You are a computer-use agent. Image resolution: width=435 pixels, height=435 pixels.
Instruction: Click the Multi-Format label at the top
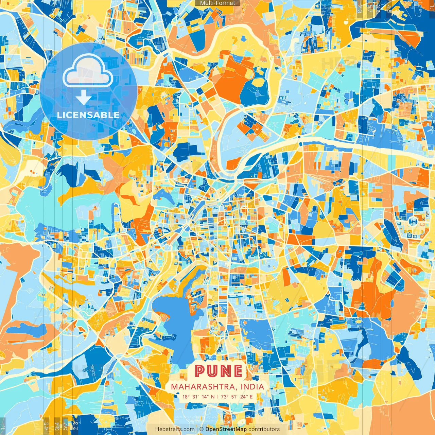pyautogui.click(x=217, y=3)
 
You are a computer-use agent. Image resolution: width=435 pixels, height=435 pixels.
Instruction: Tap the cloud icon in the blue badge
pyautogui.click(x=88, y=72)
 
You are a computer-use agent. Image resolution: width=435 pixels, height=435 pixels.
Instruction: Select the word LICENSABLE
pyautogui.click(x=88, y=115)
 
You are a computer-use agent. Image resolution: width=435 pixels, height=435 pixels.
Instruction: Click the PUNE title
pyautogui.click(x=219, y=371)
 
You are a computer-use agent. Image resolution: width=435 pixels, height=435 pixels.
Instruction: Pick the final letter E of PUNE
pyautogui.click(x=238, y=371)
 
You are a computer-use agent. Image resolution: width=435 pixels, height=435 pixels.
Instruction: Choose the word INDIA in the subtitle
pyautogui.click(x=252, y=387)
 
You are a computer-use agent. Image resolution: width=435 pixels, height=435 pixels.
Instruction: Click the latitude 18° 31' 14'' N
pyautogui.click(x=198, y=397)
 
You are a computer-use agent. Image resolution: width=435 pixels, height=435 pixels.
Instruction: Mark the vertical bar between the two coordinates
pyautogui.click(x=218, y=397)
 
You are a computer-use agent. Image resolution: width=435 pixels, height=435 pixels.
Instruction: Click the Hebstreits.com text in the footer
pyautogui.click(x=175, y=429)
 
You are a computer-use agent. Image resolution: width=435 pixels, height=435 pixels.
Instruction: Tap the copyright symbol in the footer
pyautogui.click(x=202, y=429)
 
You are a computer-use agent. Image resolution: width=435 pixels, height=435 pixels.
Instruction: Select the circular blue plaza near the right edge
pyautogui.click(x=413, y=222)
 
